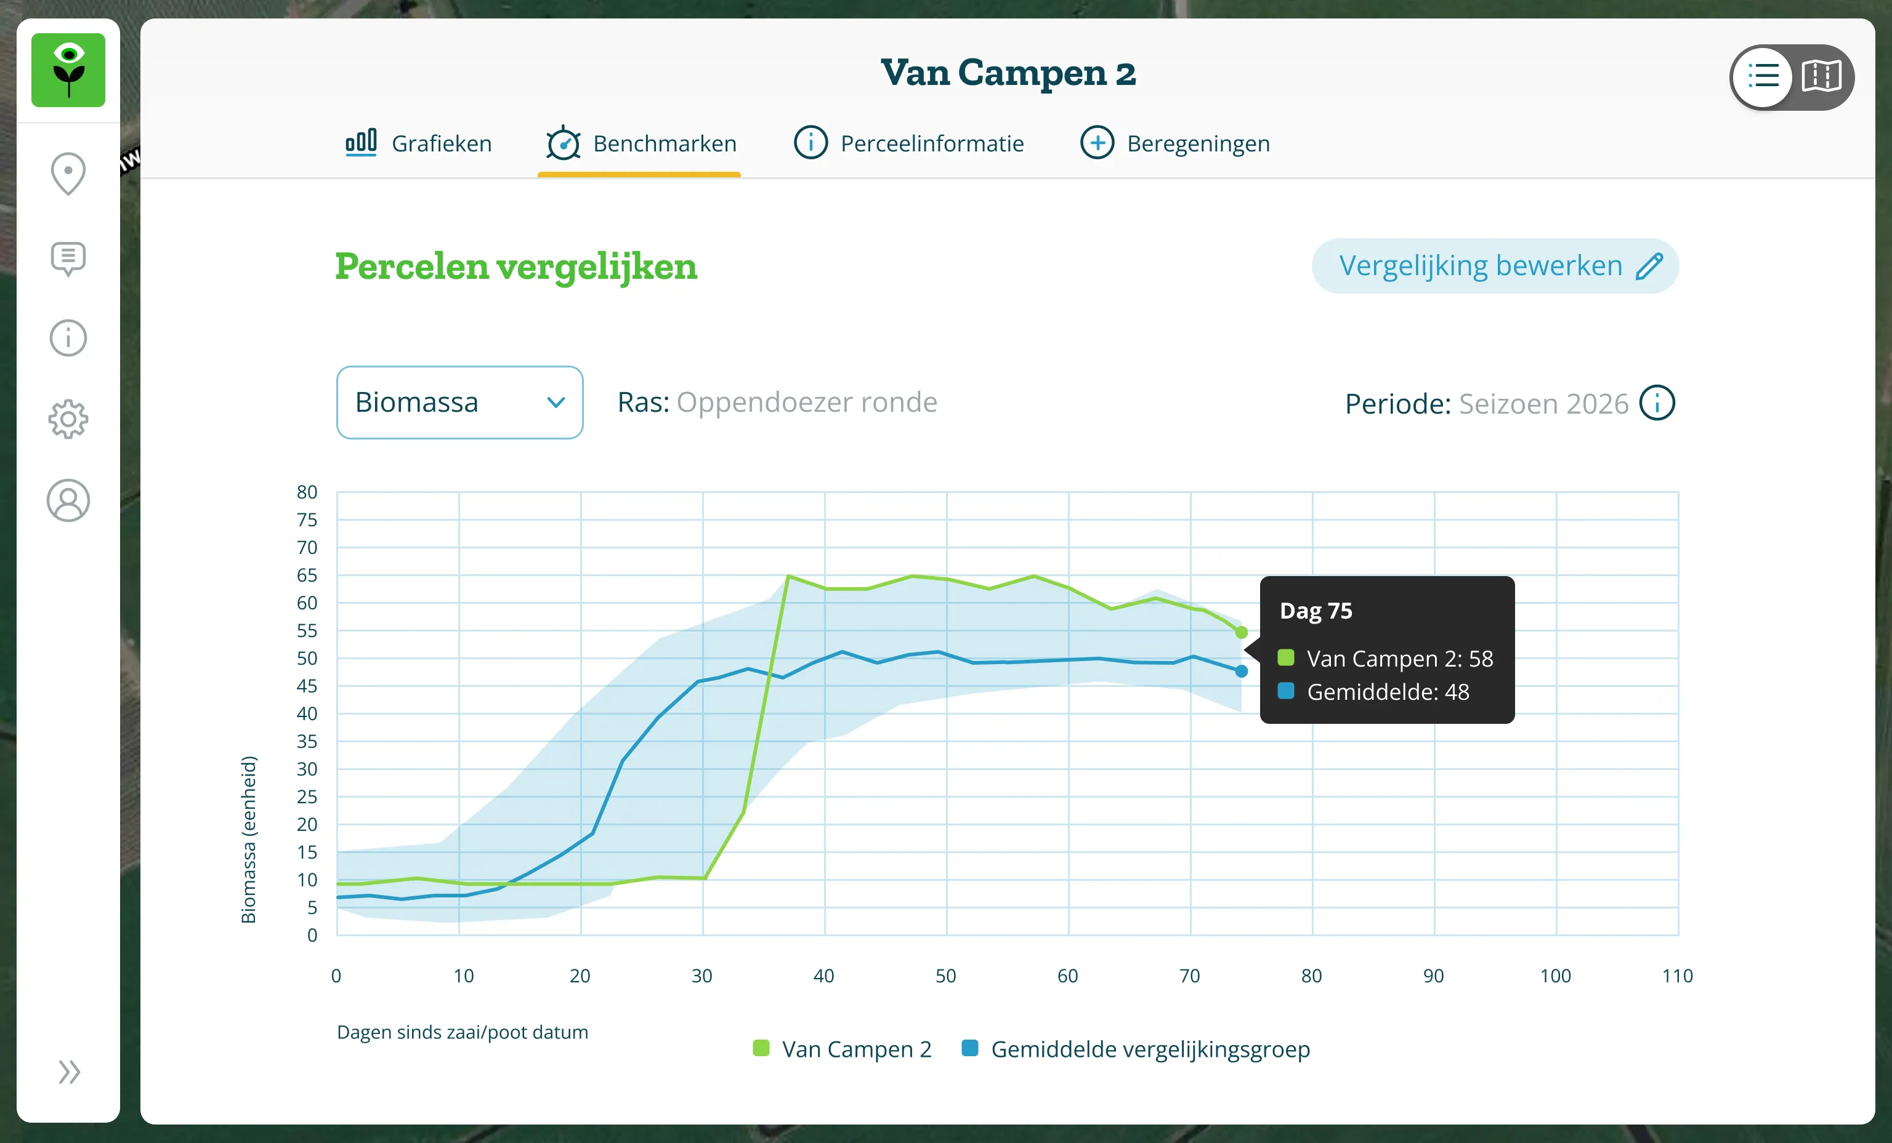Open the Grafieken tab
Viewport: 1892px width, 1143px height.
pos(418,143)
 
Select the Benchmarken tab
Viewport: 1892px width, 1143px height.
pos(641,143)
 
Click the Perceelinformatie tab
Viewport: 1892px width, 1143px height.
pos(908,143)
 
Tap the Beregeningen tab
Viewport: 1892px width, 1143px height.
pos(1175,143)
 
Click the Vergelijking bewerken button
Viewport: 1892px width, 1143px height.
pos(1495,266)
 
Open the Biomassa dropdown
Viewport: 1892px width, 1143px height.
pos(460,403)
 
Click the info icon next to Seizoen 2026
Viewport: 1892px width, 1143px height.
pos(1657,403)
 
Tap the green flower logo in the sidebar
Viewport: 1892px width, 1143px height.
pos(68,70)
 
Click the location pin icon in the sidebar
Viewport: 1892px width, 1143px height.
pos(68,174)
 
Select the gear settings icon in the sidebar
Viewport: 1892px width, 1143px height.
pos(68,419)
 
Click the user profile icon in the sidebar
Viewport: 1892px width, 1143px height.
pos(68,500)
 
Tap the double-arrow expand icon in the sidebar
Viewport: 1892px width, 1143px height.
pos(69,1072)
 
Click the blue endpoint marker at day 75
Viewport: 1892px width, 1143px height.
pos(1242,671)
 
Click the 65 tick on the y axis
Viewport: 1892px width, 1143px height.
pos(307,575)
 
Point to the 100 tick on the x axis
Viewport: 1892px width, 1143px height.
pos(1556,976)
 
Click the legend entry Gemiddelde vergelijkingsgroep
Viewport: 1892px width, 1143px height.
pos(1136,1049)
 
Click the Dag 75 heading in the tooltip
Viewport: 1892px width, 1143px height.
pos(1316,611)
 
